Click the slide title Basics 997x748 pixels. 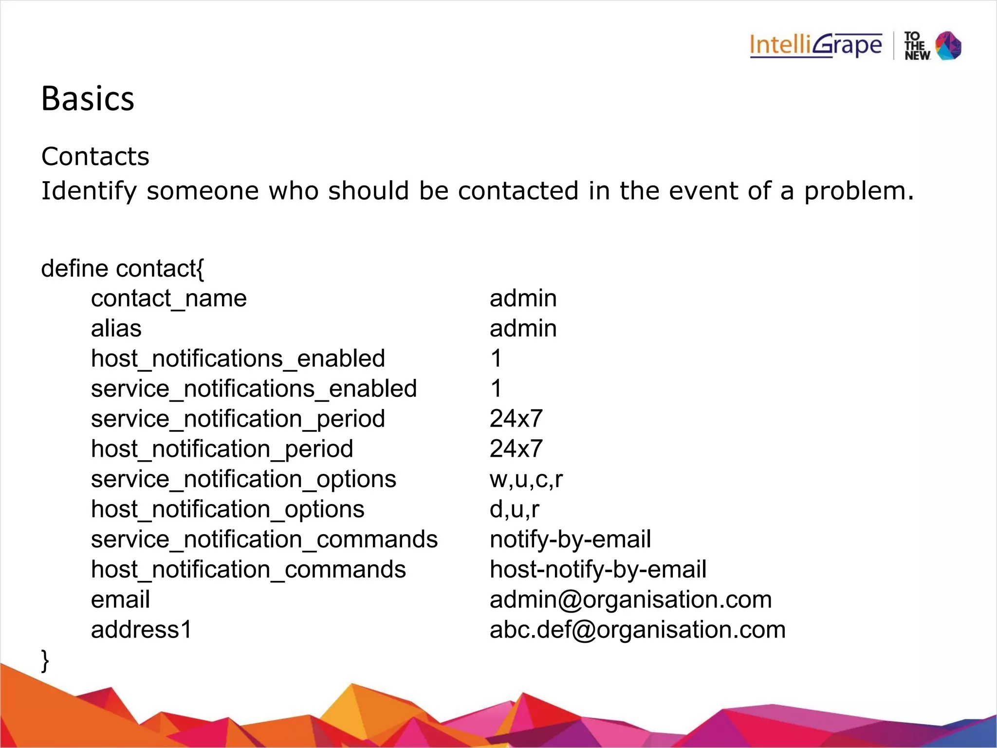88,99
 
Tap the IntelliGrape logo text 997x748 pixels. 815,46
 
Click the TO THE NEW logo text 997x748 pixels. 917,46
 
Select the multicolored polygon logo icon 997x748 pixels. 949,46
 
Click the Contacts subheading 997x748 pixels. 95,157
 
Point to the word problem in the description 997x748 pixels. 859,191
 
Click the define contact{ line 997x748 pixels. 123,269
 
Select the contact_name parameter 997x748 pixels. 169,299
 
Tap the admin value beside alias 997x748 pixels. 523,329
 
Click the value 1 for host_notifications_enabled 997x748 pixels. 496,359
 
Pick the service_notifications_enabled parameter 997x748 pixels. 254,389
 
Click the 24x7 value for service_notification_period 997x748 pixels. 516,419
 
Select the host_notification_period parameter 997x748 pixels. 222,449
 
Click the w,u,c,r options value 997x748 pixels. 526,480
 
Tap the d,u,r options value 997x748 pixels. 515,510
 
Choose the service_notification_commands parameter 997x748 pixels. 264,540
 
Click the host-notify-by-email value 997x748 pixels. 598,570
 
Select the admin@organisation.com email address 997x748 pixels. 630,600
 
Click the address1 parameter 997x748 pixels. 142,630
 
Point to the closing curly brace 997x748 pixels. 45,660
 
